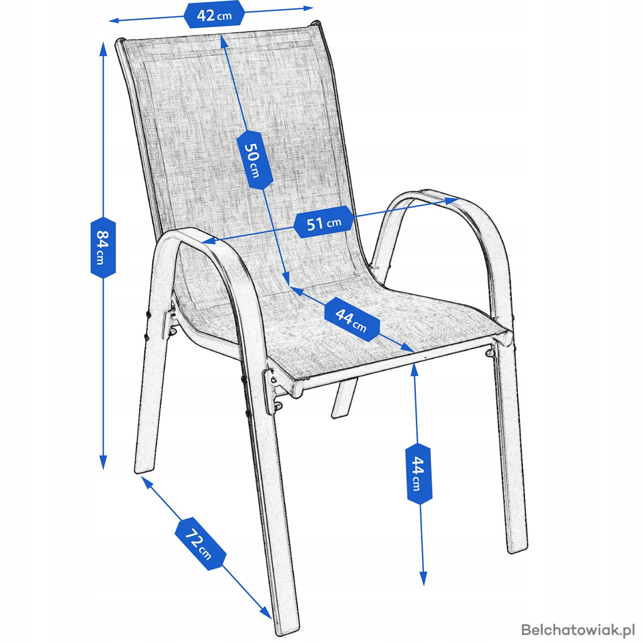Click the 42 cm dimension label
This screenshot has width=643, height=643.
[214, 14]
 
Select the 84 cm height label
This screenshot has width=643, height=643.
[103, 247]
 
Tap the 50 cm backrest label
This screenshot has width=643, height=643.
[255, 160]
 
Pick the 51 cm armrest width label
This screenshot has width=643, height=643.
[324, 222]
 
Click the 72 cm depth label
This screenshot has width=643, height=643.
[200, 543]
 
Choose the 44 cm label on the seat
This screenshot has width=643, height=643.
[352, 320]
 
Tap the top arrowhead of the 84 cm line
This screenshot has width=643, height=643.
[103, 49]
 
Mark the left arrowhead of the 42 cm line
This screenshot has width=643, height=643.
[114, 21]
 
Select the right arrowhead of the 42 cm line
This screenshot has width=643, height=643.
[308, 8]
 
